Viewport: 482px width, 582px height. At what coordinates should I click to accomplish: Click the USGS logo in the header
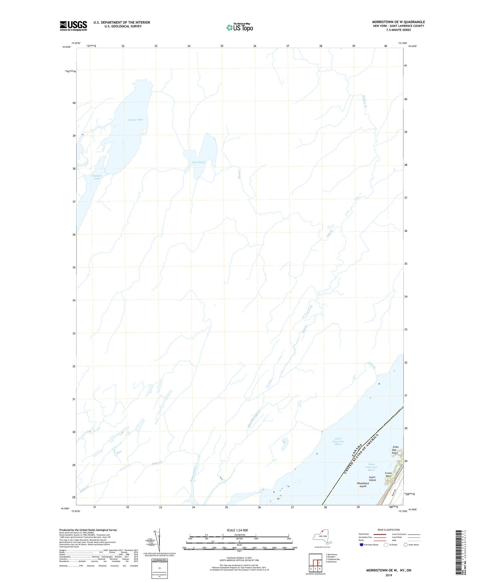coord(73,26)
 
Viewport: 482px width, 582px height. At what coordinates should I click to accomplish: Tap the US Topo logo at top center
coord(239,27)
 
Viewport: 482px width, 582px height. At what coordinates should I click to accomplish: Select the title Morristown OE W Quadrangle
coord(398,22)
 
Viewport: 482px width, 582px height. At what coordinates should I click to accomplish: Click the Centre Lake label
coord(135,120)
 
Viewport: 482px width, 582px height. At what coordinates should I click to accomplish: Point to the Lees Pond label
coord(198,162)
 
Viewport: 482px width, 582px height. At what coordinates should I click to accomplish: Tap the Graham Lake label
coord(97,177)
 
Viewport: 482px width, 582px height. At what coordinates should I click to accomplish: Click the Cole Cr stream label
coord(372,365)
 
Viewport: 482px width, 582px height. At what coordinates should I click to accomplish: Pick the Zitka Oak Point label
coord(395,450)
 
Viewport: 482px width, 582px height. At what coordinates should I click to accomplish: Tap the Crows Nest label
coord(388,474)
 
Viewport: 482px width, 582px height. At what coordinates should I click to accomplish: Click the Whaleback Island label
coord(363,485)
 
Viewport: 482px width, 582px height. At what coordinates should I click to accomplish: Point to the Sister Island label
coord(372,479)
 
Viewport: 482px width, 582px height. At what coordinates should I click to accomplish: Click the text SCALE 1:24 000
coord(237,530)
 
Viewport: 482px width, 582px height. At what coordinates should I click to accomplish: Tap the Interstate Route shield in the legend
coord(362,545)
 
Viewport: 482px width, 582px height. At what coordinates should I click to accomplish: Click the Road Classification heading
coord(389,530)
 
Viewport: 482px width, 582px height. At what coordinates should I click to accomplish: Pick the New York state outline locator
coord(322,536)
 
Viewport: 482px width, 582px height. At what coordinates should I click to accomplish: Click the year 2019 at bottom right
coord(389,575)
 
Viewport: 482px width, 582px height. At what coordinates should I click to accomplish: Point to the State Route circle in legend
coord(406,545)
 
